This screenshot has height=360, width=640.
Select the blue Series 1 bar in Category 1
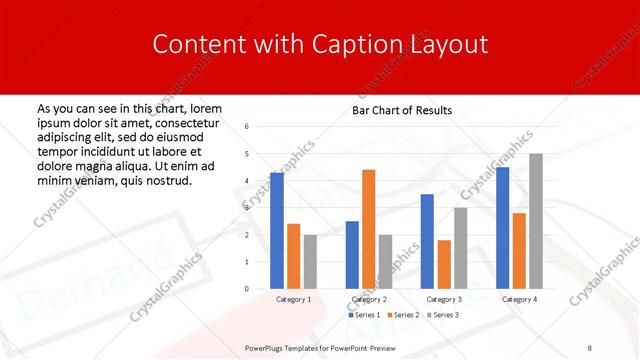[x=277, y=230]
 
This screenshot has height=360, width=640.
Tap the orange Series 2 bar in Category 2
[x=368, y=229]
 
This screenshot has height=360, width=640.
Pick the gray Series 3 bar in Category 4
[x=536, y=221]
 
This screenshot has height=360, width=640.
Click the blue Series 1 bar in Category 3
[x=427, y=241]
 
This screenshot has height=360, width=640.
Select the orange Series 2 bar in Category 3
[x=444, y=264]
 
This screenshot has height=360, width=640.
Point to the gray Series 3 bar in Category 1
[x=310, y=261]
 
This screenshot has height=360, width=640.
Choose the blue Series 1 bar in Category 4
[x=502, y=227]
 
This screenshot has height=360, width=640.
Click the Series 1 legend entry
[x=363, y=315]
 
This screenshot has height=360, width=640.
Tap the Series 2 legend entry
[x=401, y=315]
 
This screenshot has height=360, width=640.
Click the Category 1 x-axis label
[x=293, y=299]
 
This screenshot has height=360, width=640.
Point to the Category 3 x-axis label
[x=444, y=299]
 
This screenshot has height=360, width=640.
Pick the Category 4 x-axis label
[x=519, y=299]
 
